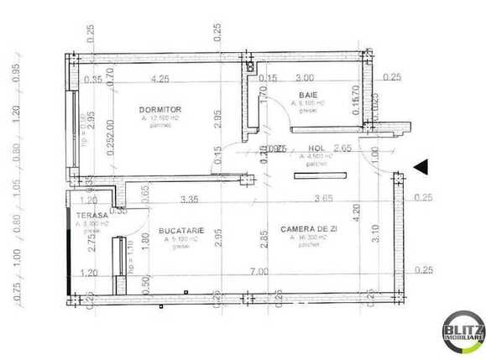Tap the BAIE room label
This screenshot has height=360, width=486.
(306, 96)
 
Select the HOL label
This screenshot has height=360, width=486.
(316, 148)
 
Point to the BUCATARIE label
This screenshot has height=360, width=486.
(179, 228)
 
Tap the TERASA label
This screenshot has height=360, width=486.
(91, 216)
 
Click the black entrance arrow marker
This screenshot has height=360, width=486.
(421, 166)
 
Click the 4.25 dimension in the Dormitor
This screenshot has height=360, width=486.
(159, 80)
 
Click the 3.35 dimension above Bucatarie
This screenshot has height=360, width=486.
(189, 200)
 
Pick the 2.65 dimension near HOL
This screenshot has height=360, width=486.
(341, 149)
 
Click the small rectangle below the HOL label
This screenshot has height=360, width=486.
(320, 175)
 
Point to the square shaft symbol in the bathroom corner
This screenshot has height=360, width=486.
(250, 66)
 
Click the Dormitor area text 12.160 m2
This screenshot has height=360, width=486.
(160, 119)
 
